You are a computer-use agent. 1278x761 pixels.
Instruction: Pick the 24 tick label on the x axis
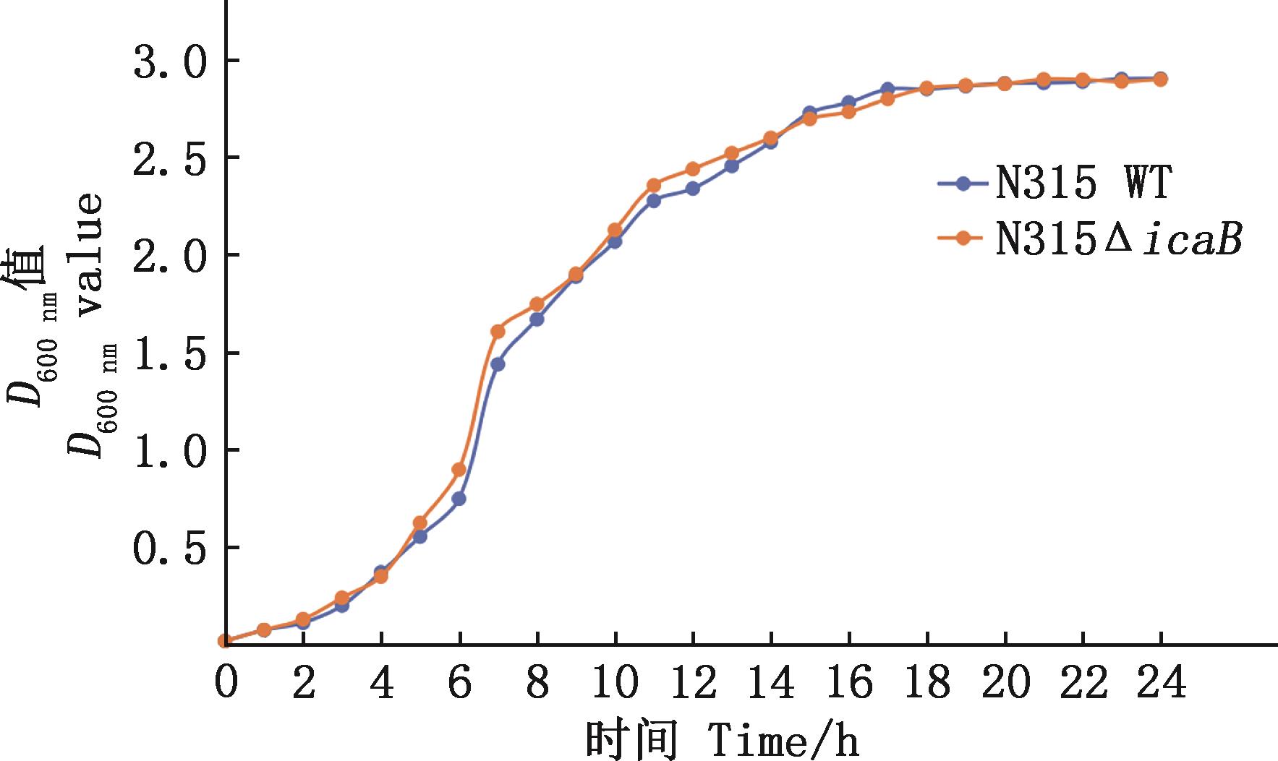pos(1160,684)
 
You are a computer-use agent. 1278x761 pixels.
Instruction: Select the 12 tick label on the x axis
pos(692,684)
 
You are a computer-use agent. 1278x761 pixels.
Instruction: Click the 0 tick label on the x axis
pos(225,684)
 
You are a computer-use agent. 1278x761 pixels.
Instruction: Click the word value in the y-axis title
pos(90,254)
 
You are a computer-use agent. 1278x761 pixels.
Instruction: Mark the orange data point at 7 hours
pos(498,332)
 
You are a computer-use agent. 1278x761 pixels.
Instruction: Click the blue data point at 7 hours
pos(498,364)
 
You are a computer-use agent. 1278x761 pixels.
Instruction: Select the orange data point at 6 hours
pos(459,470)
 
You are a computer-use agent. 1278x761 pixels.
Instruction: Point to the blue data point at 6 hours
pos(459,499)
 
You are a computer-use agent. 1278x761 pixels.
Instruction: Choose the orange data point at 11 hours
pos(654,186)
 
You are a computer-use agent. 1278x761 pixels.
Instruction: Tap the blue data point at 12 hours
pos(693,189)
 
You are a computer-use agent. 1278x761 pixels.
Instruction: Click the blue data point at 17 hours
pos(887,89)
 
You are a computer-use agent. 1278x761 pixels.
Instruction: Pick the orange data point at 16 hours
pos(849,112)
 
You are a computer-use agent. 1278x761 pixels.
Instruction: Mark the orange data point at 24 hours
pos(1160,79)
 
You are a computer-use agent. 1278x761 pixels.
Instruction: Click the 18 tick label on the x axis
pos(926,684)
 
